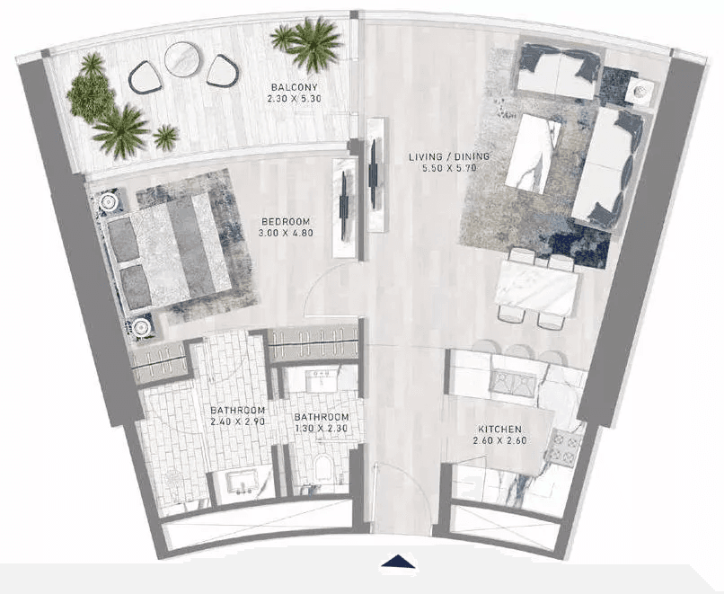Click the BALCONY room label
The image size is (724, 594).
294,87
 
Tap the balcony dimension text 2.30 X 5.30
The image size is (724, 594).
294,98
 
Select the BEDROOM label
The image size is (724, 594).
287,222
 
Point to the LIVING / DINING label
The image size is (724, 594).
449,157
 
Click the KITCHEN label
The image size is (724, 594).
500,430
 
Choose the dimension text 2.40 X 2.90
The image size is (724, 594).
237,421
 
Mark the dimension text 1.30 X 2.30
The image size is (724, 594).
322,428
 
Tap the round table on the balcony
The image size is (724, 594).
184,59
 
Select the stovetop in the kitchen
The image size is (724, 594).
565,447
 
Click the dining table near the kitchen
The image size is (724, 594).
536,288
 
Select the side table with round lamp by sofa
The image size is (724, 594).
640,92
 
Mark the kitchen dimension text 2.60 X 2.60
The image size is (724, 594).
500,440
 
